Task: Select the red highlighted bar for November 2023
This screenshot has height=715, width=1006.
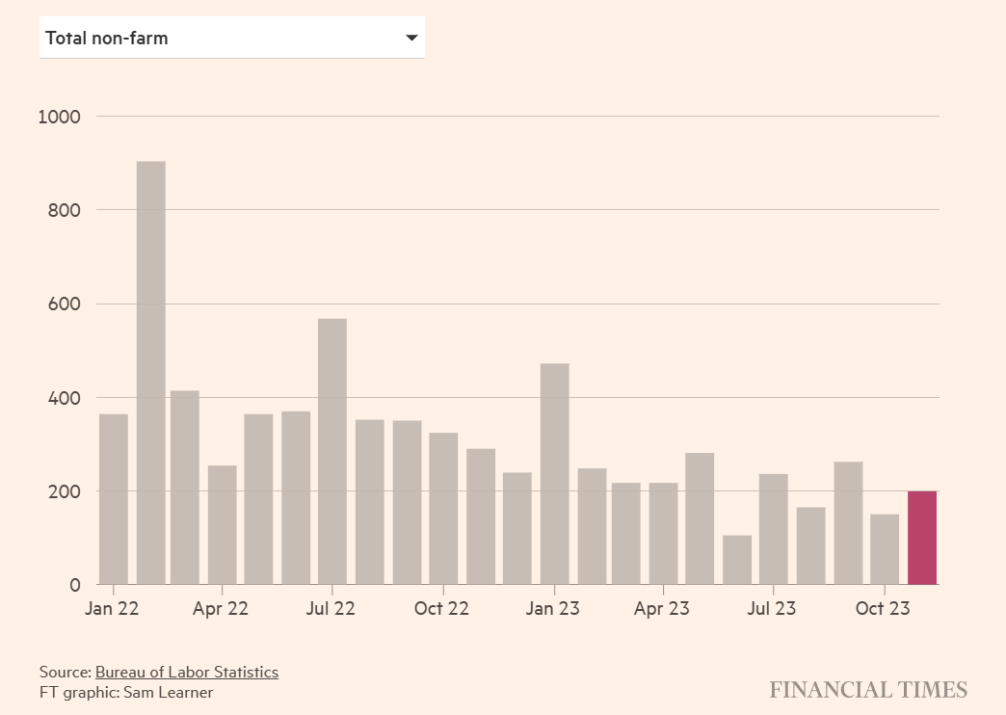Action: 922,538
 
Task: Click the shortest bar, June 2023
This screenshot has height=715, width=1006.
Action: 737,560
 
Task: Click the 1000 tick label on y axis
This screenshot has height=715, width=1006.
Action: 60,117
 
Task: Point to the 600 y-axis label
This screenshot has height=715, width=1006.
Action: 65,305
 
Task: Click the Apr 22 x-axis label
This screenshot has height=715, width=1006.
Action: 221,609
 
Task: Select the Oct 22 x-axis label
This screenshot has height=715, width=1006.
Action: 442,609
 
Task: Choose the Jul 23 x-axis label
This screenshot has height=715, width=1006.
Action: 772,609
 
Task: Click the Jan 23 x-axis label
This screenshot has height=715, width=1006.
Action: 554,609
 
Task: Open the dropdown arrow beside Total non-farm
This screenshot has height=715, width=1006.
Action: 411,39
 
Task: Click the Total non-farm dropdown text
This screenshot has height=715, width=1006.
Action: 107,39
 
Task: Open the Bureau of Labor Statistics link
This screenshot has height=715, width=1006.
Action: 186,672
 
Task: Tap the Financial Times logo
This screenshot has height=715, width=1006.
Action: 867,690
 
